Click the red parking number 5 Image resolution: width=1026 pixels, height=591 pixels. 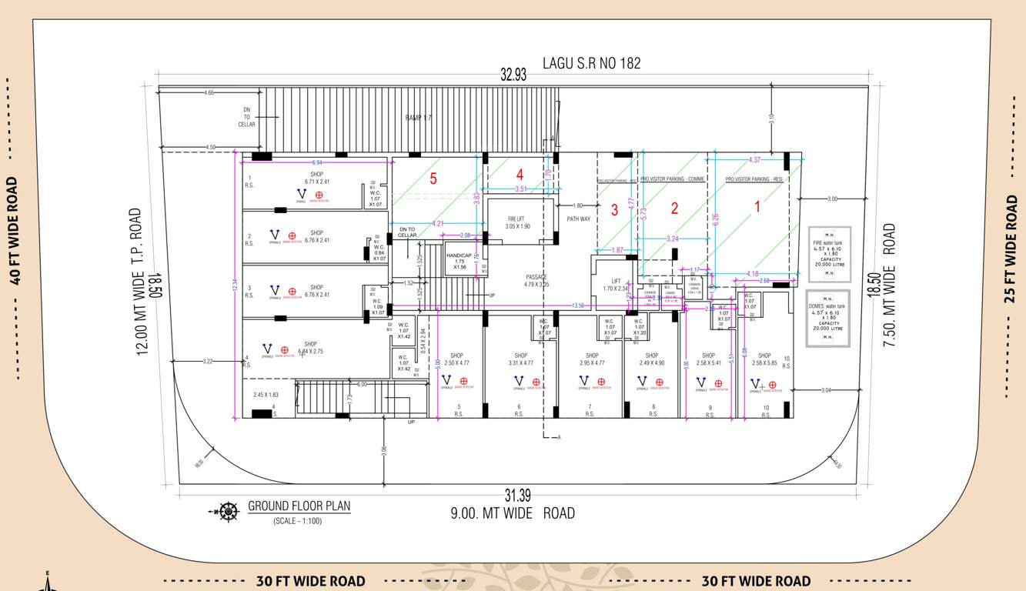click(433, 179)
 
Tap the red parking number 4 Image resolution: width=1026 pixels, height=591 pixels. click(520, 175)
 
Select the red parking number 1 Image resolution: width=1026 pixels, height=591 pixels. click(757, 206)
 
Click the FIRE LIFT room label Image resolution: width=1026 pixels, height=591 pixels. click(519, 223)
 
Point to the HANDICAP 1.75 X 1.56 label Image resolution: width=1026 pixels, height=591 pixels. click(459, 260)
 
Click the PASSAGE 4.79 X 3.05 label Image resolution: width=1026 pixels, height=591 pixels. click(536, 280)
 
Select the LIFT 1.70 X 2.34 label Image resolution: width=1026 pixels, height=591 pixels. click(616, 285)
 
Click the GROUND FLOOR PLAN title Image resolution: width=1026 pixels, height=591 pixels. click(299, 506)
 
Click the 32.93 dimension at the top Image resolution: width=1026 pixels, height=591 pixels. click(513, 75)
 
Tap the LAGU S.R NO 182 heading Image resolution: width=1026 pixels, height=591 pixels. click(591, 63)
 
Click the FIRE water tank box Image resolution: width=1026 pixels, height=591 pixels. click(829, 254)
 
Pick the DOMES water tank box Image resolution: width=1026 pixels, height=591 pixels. click(827, 318)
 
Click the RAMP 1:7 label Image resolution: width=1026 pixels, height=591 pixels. click(419, 118)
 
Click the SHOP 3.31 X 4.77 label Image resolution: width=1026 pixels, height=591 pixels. click(521, 359)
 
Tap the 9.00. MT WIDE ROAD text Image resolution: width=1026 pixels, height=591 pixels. click(513, 513)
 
